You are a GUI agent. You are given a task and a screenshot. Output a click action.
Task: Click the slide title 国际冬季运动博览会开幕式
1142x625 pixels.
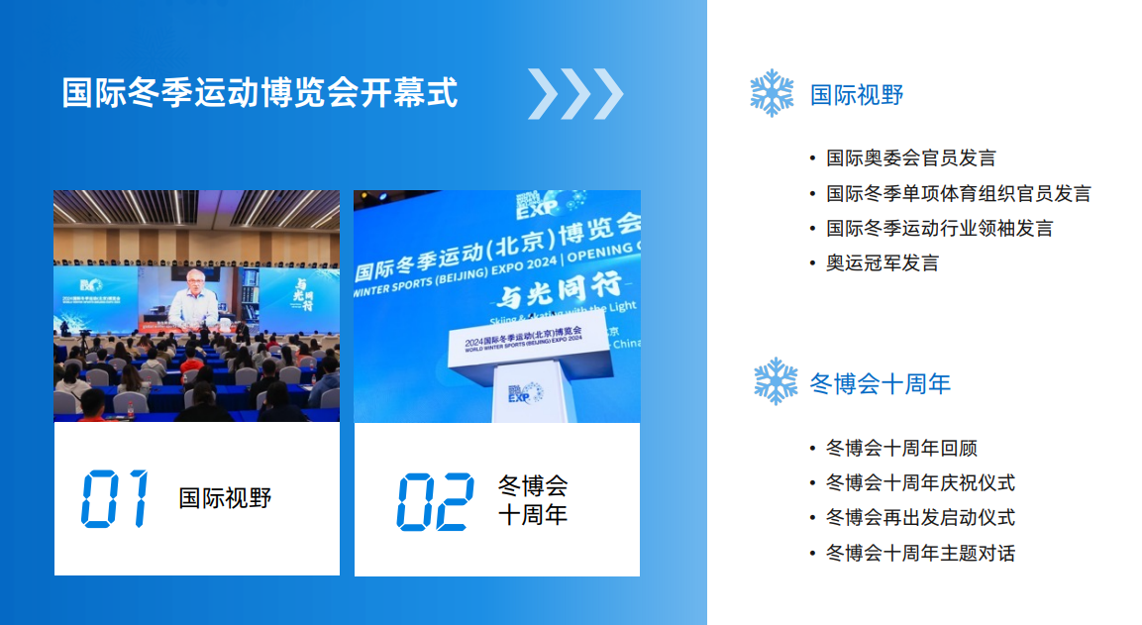coord(260,93)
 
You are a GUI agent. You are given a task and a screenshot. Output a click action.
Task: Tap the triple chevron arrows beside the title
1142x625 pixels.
coord(575,94)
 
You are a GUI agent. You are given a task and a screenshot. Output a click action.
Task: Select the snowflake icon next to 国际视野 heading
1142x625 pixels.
coord(772,93)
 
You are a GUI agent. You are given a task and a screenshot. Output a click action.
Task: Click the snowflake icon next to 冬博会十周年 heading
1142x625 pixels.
coord(776,381)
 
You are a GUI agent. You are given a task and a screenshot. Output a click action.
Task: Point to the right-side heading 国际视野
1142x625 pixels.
coord(857,95)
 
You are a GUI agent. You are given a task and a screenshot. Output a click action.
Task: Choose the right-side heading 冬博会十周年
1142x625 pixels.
coord(881,383)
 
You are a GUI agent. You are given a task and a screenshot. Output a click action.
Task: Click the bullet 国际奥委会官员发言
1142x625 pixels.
coord(911,158)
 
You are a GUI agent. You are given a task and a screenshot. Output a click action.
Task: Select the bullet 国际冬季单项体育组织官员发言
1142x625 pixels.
coord(959,193)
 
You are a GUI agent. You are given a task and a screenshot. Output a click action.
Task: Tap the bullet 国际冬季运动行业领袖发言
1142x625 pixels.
coord(940,228)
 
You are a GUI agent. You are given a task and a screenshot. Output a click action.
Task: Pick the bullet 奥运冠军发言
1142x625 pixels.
coord(882,262)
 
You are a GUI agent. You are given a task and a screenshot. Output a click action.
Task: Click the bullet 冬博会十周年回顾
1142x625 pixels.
coord(901,449)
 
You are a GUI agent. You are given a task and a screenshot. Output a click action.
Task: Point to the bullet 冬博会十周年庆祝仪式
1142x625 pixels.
coord(920,483)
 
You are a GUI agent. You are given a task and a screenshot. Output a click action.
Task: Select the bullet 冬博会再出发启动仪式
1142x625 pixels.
coord(920,518)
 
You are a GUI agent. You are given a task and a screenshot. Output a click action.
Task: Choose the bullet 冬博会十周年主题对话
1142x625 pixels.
coord(920,553)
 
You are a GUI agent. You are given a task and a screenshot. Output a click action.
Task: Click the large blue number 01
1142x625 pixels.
coord(115,498)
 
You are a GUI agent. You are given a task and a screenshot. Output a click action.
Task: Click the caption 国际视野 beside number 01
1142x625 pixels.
coord(225,498)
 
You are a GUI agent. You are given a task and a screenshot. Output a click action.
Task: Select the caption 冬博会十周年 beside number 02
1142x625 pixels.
coord(533,500)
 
